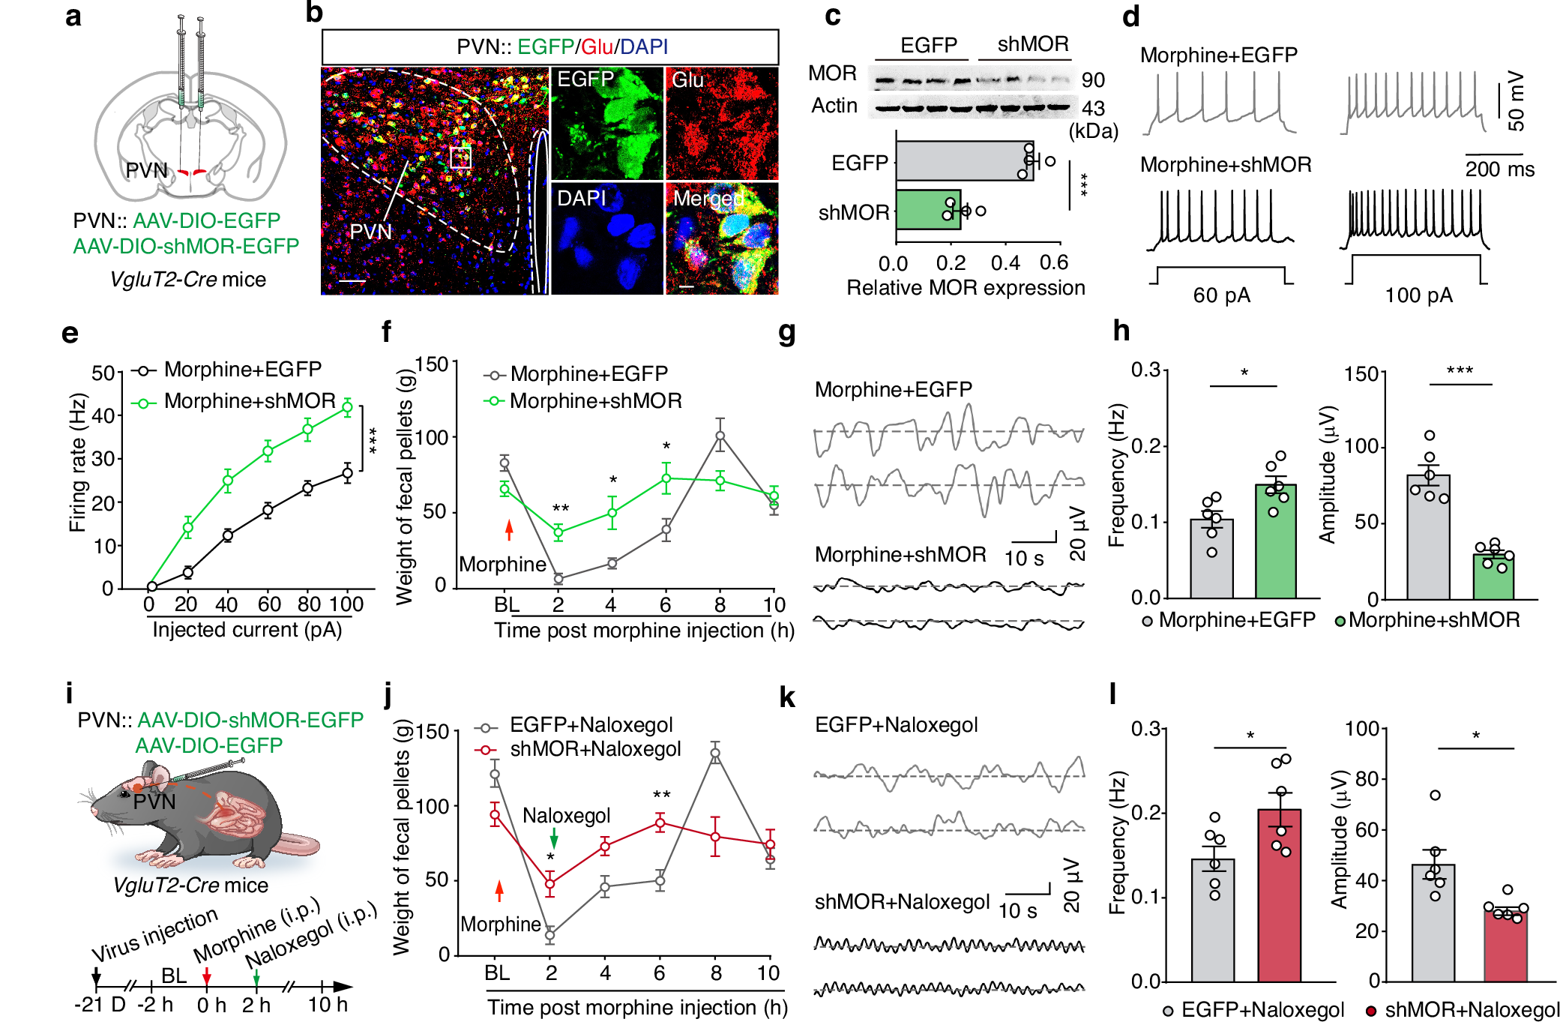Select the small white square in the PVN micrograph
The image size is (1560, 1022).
click(x=460, y=157)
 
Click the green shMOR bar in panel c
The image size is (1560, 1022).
click(x=928, y=209)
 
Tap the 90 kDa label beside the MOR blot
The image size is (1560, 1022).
click(x=1093, y=79)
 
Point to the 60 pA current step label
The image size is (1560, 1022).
click(x=1221, y=295)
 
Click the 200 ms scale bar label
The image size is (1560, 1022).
click(x=1499, y=169)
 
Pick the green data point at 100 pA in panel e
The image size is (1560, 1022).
click(x=347, y=407)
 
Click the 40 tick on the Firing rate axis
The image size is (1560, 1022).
click(x=103, y=415)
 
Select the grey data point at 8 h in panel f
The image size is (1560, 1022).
click(x=720, y=436)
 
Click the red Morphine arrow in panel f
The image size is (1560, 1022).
click(x=509, y=529)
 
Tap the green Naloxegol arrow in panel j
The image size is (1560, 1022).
click(x=554, y=838)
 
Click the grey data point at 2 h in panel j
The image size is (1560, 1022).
click(x=549, y=935)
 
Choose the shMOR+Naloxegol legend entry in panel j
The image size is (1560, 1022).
click(x=594, y=749)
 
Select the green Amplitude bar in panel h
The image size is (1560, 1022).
click(x=1493, y=576)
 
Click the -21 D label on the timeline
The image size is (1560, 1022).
click(x=100, y=1005)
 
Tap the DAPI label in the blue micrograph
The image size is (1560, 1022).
click(x=581, y=198)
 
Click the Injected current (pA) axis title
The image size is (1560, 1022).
click(x=247, y=630)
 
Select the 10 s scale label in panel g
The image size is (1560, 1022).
click(x=1023, y=559)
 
